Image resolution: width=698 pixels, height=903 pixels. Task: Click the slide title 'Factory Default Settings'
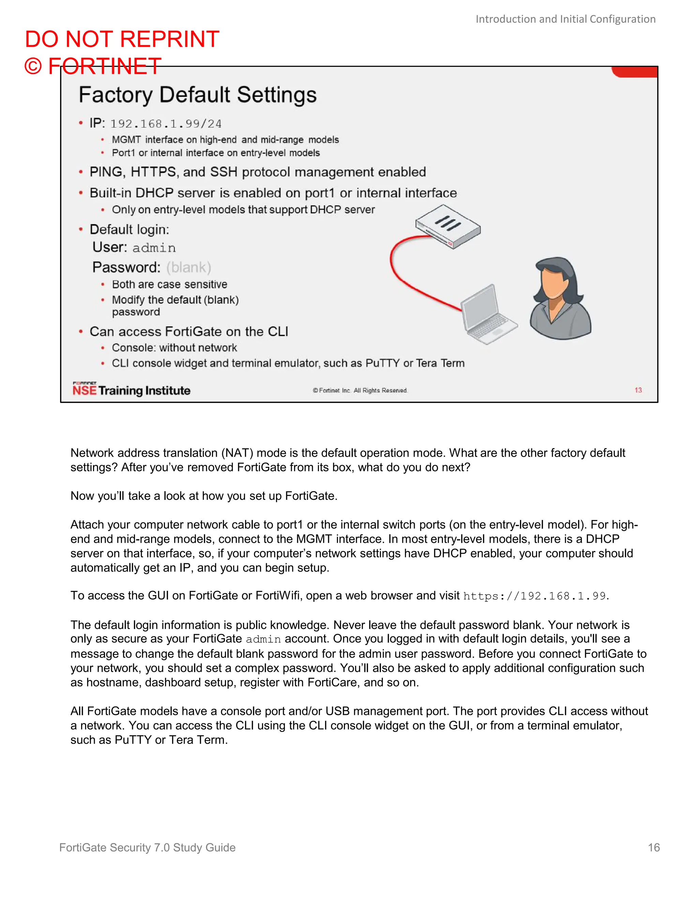pos(198,95)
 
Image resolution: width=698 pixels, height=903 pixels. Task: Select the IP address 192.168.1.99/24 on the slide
pos(166,124)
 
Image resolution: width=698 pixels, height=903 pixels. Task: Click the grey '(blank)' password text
pos(188,267)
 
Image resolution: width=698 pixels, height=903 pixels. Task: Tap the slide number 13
pos(638,390)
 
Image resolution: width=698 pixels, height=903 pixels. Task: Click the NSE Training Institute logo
pos(131,389)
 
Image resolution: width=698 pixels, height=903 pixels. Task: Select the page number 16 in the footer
pos(653,847)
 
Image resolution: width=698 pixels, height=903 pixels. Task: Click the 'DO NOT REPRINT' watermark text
pos(122,40)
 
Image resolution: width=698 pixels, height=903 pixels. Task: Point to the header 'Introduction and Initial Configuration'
pos(565,19)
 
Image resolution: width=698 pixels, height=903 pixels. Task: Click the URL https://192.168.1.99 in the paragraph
pos(534,596)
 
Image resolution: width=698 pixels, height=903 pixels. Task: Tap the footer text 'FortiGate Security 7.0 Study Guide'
pos(147,847)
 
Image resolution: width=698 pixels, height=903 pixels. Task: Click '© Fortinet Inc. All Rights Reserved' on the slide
pos(360,390)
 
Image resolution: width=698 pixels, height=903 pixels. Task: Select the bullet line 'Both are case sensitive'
pos(169,285)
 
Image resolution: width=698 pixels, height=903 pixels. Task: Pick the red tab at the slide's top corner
pos(634,72)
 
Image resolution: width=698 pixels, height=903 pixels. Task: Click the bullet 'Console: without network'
pos(174,348)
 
